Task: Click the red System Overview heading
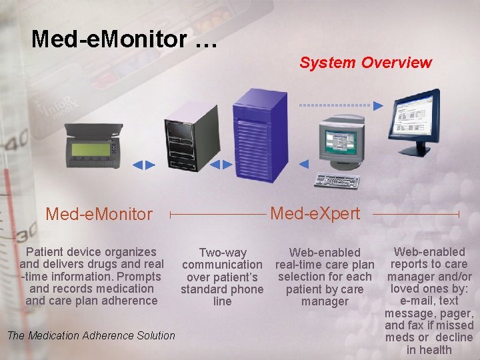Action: [x=365, y=63]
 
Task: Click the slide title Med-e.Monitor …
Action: [x=124, y=39]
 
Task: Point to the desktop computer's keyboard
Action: [x=337, y=181]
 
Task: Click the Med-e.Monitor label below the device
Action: [x=99, y=214]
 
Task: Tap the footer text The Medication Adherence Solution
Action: [x=91, y=335]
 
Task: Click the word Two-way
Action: [x=223, y=253]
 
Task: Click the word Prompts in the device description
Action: [x=139, y=276]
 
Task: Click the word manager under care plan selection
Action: [x=325, y=301]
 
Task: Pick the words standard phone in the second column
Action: [x=222, y=289]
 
